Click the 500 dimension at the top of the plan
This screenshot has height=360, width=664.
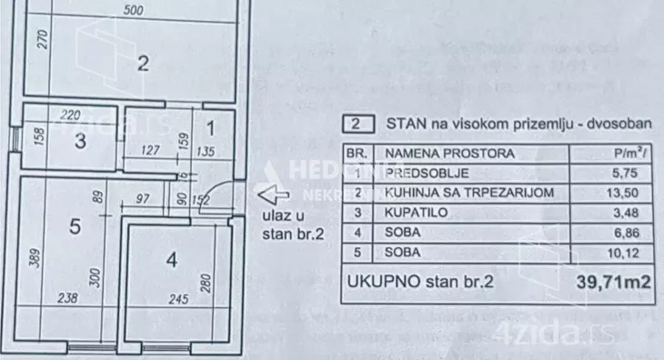point(133,11)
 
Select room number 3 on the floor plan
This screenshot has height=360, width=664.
point(81,141)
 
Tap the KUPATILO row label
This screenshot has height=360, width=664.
point(413,211)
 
